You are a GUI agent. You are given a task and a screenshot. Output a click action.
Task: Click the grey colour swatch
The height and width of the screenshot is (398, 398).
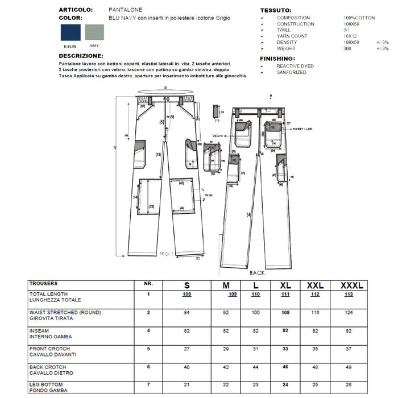pyautogui.click(x=94, y=32)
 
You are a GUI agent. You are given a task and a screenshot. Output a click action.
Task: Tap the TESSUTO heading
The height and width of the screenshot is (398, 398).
pyautogui.click(x=276, y=10)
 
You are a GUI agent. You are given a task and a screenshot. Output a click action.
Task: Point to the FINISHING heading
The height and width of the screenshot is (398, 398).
pyautogui.click(x=277, y=59)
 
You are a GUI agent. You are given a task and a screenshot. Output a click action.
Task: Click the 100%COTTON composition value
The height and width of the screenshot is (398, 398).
pyautogui.click(x=359, y=18)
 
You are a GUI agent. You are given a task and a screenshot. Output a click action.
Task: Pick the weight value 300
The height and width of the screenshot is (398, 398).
pyautogui.click(x=347, y=49)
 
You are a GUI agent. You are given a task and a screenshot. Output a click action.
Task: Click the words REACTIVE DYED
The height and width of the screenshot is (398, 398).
pyautogui.click(x=295, y=67)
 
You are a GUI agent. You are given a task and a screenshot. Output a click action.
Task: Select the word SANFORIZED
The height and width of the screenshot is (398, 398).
pyautogui.click(x=292, y=73)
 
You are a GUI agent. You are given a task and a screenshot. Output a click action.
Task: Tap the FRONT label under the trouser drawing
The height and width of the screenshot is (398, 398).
pyautogui.click(x=167, y=254)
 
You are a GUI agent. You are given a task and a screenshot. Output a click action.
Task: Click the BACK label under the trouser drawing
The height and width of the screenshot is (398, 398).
pyautogui.click(x=257, y=273)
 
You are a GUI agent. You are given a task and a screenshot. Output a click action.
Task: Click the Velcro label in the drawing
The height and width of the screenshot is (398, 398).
pyautogui.click(x=221, y=135)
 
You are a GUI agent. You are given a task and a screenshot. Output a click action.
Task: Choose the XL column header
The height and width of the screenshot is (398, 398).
pyautogui.click(x=285, y=285)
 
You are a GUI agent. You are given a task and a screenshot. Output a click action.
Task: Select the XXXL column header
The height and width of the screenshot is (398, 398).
pyautogui.click(x=351, y=285)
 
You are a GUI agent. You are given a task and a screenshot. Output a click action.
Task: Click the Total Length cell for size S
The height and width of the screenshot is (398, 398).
pyautogui.click(x=186, y=295)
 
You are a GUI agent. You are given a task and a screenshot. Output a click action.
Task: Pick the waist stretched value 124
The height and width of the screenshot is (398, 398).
pyautogui.click(x=349, y=313)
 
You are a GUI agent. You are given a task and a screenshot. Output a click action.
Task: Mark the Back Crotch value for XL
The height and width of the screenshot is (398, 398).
pyautogui.click(x=285, y=367)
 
